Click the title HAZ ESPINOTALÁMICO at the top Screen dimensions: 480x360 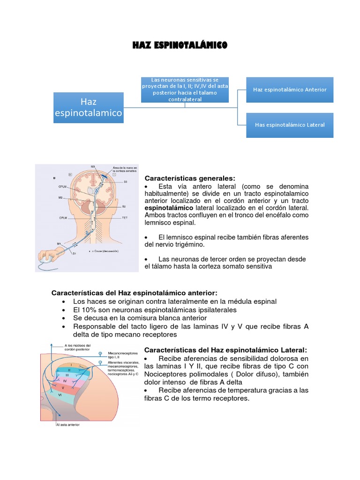pyautogui.click(x=180, y=45)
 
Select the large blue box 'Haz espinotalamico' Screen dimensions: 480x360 pyautogui.click(x=89, y=107)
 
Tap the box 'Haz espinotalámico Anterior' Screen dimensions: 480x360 pyautogui.click(x=290, y=89)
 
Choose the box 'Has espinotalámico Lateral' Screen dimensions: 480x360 pyautogui.click(x=290, y=125)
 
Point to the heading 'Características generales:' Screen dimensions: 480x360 pyautogui.click(x=190, y=178)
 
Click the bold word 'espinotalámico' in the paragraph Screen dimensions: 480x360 pyautogui.click(x=169, y=207)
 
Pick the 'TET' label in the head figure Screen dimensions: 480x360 pyautogui.click(x=125, y=218)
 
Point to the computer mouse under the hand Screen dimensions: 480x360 pyautogui.click(x=47, y=258)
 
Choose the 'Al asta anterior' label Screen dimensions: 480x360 pyautogui.click(x=67, y=425)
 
